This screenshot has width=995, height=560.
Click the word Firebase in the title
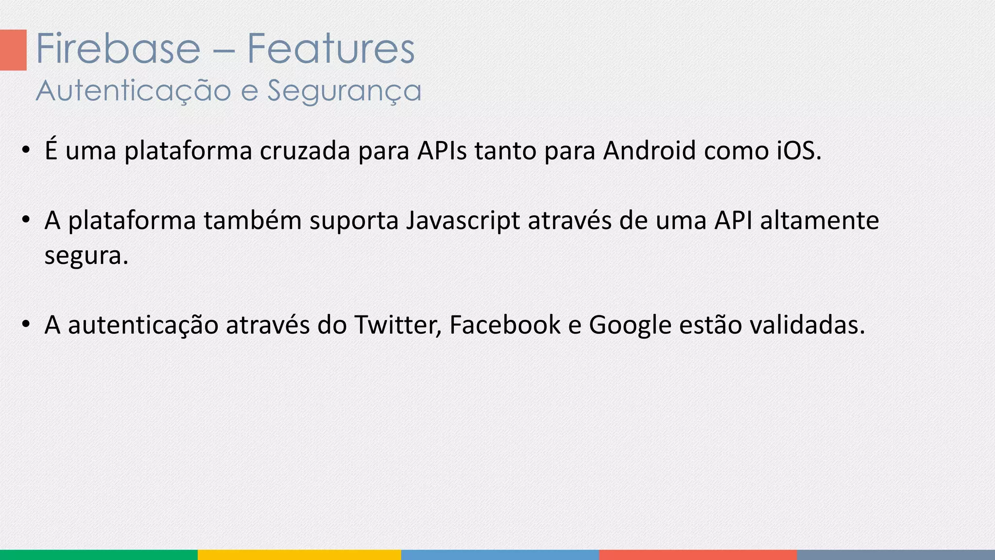tap(118, 49)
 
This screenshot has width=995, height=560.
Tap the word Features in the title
tap(331, 49)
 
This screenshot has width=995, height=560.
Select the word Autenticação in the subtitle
tap(133, 91)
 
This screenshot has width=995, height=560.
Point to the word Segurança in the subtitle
tap(344, 91)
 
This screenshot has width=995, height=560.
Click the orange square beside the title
tap(13, 50)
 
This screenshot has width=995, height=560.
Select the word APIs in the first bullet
tap(442, 151)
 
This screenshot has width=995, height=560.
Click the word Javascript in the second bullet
tap(463, 221)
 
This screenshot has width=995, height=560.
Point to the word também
tap(253, 221)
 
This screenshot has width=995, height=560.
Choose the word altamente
tap(820, 221)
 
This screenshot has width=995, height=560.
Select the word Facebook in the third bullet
tap(505, 325)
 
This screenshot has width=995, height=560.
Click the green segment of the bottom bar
tap(99, 555)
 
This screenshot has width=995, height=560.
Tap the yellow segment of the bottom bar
tap(299, 555)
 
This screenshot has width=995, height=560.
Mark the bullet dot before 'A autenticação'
tap(26, 323)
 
